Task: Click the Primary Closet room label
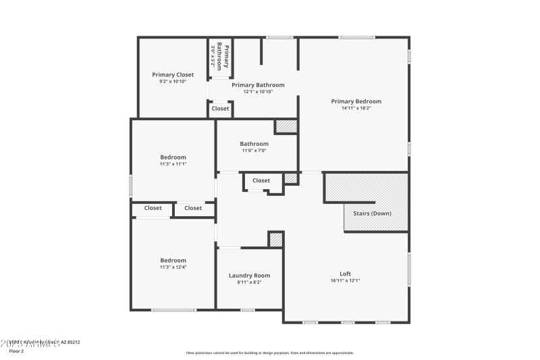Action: [173, 74]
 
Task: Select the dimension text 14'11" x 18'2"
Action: [356, 108]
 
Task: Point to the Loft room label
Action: [345, 274]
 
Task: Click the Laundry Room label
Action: [249, 275]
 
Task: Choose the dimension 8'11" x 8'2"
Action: [249, 282]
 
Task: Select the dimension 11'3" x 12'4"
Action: [173, 267]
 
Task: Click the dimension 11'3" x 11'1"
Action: [173, 164]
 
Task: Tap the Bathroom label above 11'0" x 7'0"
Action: [254, 143]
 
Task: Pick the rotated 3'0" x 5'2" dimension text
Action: [213, 57]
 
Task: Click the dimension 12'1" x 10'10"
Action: [258, 92]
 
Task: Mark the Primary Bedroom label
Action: [356, 101]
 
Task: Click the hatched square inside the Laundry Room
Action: [275, 239]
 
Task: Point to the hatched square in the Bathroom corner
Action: [286, 126]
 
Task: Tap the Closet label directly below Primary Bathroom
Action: [220, 108]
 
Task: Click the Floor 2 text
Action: [16, 351]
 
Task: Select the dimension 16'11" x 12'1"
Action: [345, 281]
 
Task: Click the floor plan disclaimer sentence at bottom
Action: [269, 353]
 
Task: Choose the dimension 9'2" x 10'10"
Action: [173, 81]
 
